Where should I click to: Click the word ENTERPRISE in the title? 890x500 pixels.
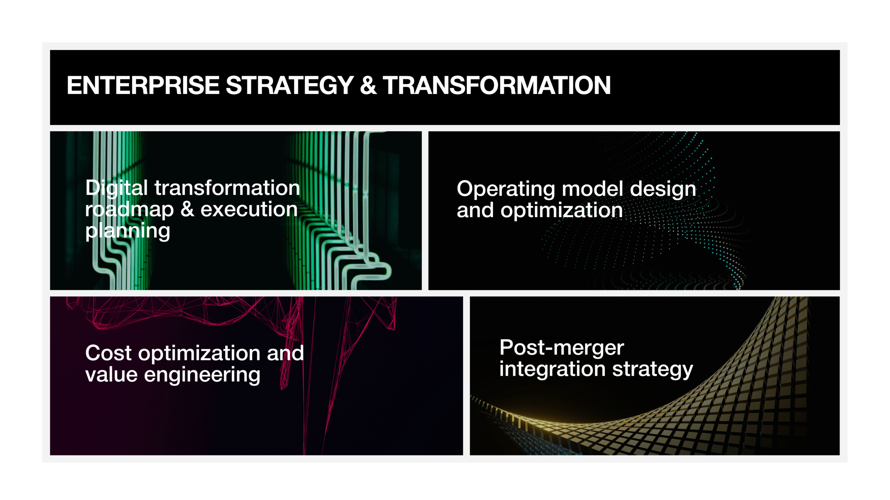[143, 85]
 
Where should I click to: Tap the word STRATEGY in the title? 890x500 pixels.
[290, 85]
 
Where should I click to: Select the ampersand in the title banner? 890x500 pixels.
[369, 85]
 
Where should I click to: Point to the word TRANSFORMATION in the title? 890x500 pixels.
[497, 85]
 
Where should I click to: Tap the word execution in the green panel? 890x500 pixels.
[249, 210]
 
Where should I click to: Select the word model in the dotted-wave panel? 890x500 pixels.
[592, 189]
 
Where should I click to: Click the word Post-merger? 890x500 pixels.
[562, 348]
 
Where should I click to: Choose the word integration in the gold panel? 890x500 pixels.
[553, 369]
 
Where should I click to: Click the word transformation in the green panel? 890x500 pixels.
[227, 188]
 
